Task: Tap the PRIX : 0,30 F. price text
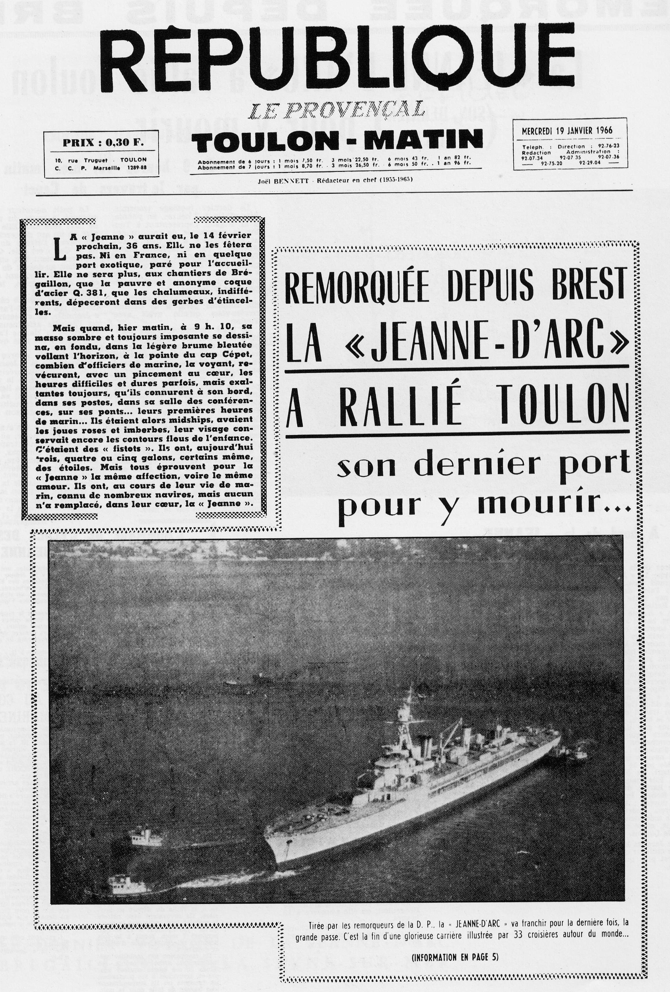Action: [x=103, y=143]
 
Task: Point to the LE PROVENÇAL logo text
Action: [x=337, y=111]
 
